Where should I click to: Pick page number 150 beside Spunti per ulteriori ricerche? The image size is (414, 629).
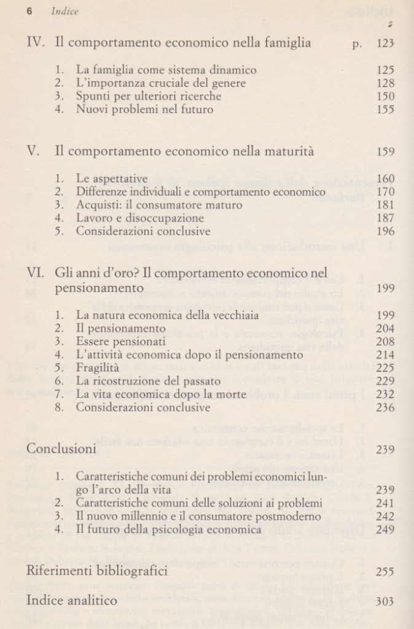[x=384, y=97]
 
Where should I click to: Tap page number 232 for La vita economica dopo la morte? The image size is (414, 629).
[x=384, y=395]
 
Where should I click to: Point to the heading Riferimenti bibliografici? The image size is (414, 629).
[x=97, y=571]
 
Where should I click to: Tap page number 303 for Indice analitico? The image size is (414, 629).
[x=384, y=602]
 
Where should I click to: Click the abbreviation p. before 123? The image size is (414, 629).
[x=358, y=44]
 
